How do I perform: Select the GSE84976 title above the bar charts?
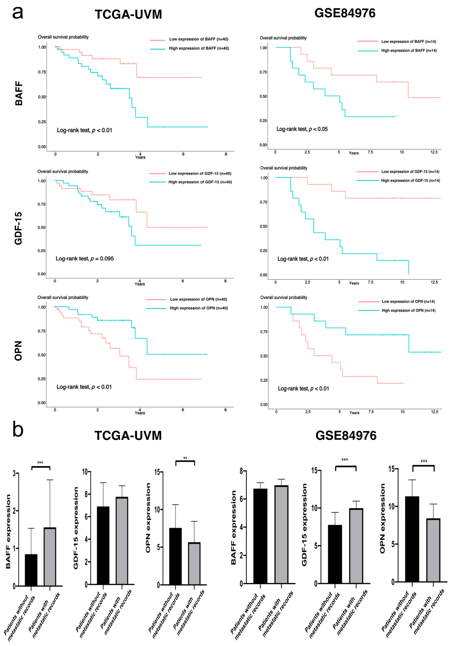[346, 436]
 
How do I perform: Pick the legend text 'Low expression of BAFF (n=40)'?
[198, 39]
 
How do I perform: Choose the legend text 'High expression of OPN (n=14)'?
[408, 310]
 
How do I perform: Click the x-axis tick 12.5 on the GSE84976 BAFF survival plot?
[434, 152]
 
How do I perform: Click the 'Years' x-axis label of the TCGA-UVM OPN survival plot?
[140, 413]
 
